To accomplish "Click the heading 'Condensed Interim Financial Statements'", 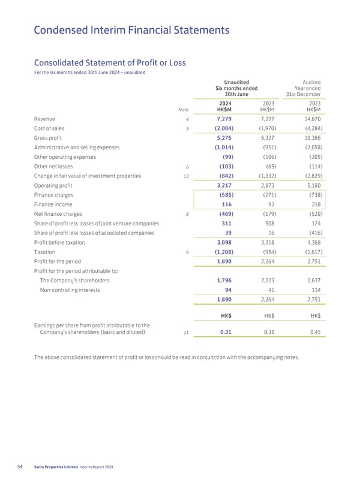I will coord(131,29).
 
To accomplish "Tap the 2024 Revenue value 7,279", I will coord(223,119).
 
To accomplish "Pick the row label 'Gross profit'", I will coord(43,138).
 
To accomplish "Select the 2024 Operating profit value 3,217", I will coord(223,185).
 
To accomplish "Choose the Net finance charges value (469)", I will coord(223,214).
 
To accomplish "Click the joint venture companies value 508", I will coord(270,224).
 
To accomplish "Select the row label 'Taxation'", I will coord(38,252).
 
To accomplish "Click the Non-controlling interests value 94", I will coord(228,290).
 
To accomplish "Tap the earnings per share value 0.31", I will coord(226,329).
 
